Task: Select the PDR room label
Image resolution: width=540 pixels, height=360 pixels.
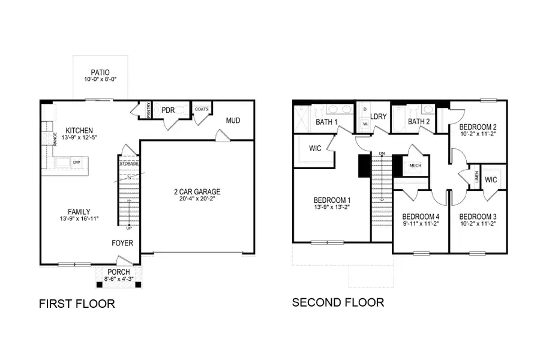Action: coord(167,110)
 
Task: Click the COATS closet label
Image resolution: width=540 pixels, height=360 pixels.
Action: coord(201,109)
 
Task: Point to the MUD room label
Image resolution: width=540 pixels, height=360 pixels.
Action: coord(233,121)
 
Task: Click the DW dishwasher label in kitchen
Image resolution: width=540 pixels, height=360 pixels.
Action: coord(76,162)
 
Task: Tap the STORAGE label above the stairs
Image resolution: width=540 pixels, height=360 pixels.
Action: coord(129,163)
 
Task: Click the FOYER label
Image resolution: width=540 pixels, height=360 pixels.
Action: coord(122,243)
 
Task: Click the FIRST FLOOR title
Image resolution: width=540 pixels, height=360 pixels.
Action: coord(77,304)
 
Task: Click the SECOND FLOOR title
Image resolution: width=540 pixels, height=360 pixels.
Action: coord(338,302)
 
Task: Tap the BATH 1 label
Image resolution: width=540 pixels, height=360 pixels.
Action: coord(327,122)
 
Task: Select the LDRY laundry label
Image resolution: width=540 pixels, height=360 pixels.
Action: coord(378,116)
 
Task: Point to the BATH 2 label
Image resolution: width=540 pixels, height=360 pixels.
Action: coord(419,122)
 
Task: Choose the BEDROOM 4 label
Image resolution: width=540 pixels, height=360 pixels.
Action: coord(421,217)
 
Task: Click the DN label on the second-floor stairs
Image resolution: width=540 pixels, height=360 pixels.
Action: coord(381,154)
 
